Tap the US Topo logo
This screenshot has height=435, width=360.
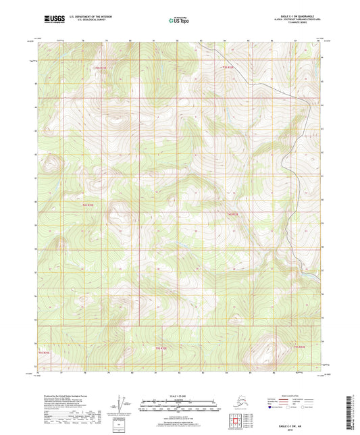[x=180, y=20]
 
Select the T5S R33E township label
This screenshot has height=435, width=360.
[x=299, y=347]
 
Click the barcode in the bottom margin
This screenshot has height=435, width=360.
[x=355, y=413]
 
